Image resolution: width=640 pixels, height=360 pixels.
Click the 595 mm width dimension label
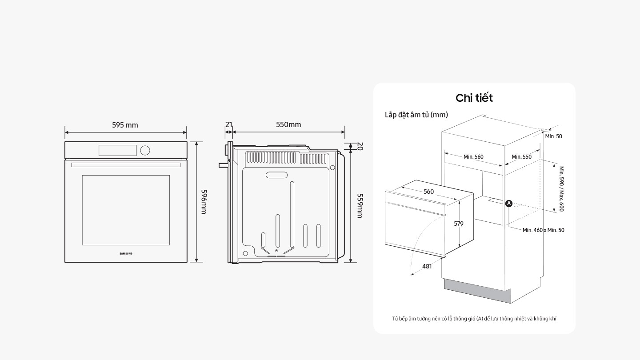[125, 125]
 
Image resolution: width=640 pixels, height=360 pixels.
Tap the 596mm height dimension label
[204, 201]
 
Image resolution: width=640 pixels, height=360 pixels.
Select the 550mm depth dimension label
[288, 124]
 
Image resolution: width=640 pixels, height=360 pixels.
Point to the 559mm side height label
[360, 205]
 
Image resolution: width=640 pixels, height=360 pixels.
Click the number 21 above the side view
[228, 124]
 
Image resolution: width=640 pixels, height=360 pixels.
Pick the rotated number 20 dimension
[360, 147]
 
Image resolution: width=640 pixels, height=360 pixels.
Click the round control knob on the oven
[145, 150]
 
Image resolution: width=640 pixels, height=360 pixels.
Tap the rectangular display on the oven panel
[117, 150]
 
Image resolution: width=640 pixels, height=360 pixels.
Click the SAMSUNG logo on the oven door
[126, 254]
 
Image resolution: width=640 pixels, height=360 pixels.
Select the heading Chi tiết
[474, 98]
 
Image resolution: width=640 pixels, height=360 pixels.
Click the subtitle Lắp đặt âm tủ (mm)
[416, 115]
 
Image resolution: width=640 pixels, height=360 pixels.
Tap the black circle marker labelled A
[509, 204]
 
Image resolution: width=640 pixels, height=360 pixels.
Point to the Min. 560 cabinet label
[473, 156]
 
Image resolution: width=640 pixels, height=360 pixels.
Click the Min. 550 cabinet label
[521, 156]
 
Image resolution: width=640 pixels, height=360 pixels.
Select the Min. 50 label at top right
[553, 136]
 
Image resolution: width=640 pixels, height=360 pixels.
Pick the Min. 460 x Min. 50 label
[543, 230]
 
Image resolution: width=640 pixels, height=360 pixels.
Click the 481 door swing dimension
[427, 266]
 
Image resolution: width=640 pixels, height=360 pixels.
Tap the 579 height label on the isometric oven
[459, 224]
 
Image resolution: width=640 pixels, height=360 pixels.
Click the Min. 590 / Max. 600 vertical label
[561, 189]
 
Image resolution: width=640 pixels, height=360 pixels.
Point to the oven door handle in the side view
[223, 164]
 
